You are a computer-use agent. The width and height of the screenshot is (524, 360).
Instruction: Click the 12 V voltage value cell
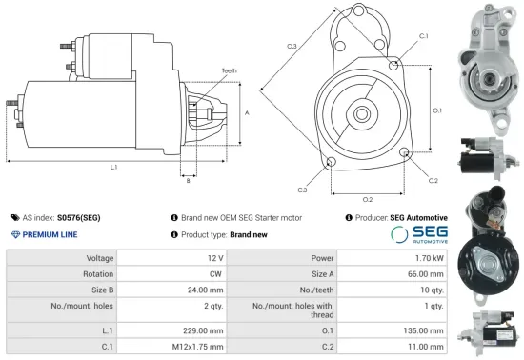(214, 258)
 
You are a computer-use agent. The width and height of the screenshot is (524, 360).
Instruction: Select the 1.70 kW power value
(430, 258)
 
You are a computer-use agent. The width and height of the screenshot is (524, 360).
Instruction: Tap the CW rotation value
(215, 271)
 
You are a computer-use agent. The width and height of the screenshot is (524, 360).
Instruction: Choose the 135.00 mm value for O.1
(424, 330)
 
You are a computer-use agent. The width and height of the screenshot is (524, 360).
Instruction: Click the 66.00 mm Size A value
(426, 271)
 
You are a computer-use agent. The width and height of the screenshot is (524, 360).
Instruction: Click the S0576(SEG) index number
(79, 217)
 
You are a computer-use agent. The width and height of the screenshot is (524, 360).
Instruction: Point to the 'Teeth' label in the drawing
(229, 71)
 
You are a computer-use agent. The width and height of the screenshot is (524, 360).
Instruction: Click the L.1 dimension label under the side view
(114, 168)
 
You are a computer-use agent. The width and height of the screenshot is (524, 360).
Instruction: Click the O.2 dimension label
(368, 198)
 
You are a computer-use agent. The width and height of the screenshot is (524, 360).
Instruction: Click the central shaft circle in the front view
(363, 113)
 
